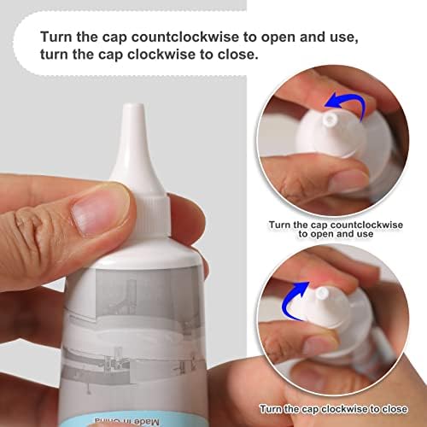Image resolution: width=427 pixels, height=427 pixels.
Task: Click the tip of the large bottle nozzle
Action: pyautogui.click(x=133, y=105)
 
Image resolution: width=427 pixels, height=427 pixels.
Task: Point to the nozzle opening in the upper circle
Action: pyautogui.click(x=330, y=119)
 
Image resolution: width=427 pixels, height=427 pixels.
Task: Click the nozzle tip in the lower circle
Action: pyautogui.click(x=322, y=293)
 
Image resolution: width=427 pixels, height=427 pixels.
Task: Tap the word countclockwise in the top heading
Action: pyautogui.click(x=185, y=37)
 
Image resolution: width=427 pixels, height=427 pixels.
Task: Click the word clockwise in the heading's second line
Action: pyautogui.click(x=161, y=55)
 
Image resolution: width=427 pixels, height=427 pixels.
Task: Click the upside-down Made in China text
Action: pyautogui.click(x=126, y=421)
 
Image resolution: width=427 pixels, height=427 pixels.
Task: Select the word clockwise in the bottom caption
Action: pyautogui.click(x=344, y=409)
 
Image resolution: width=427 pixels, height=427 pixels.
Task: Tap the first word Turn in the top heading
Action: pyautogui.click(x=56, y=37)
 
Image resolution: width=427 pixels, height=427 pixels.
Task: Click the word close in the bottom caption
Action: pyautogui.click(x=395, y=409)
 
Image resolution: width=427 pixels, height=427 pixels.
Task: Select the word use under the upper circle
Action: pyautogui.click(x=366, y=234)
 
